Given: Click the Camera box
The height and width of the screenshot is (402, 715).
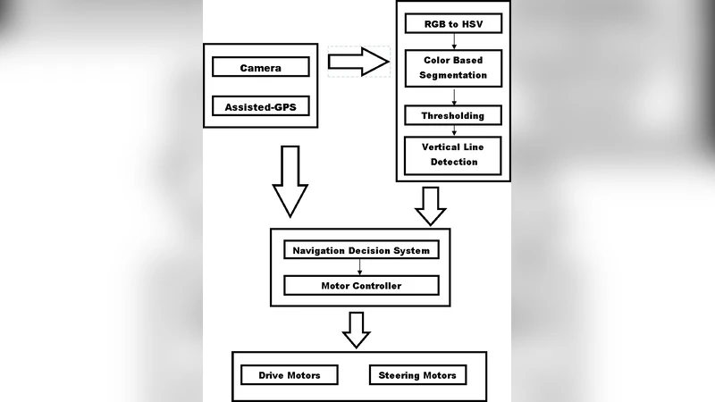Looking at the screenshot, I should (x=261, y=67).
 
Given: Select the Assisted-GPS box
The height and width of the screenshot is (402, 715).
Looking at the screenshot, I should (x=261, y=107).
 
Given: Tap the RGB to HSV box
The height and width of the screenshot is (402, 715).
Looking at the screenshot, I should (x=453, y=22).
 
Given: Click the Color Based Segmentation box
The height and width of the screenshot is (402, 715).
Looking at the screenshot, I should (x=453, y=67).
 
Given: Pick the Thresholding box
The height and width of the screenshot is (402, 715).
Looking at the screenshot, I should (x=453, y=116).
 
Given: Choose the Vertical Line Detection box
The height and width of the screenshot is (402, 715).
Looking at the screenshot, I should (x=453, y=155).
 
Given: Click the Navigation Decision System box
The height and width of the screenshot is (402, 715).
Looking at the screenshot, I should (x=361, y=250).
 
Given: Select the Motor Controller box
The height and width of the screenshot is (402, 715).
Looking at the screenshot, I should (x=361, y=286).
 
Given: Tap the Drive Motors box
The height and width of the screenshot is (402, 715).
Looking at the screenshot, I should (x=290, y=375).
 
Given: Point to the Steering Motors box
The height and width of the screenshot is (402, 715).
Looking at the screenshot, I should (x=418, y=375).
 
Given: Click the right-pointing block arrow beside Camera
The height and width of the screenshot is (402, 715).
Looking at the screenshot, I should (x=358, y=62).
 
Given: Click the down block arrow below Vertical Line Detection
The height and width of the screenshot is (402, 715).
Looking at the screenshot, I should (x=432, y=205).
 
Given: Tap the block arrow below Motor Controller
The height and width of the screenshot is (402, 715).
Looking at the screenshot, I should (x=357, y=328).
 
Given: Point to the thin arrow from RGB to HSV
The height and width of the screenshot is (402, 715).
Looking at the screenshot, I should (x=455, y=40).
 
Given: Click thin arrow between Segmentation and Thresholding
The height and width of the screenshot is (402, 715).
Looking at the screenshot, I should (x=455, y=96).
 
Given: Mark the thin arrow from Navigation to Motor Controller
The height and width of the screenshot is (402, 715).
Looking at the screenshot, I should (x=359, y=268).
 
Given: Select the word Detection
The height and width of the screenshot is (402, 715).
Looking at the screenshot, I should (x=454, y=162).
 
